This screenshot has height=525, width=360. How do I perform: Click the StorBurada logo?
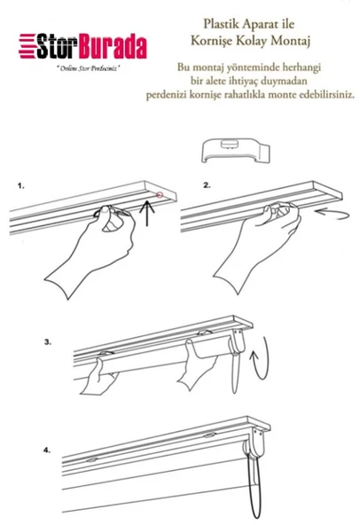(85, 45)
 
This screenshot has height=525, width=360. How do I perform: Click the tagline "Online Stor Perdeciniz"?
(87, 67)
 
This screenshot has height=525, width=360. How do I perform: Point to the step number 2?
(207, 187)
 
